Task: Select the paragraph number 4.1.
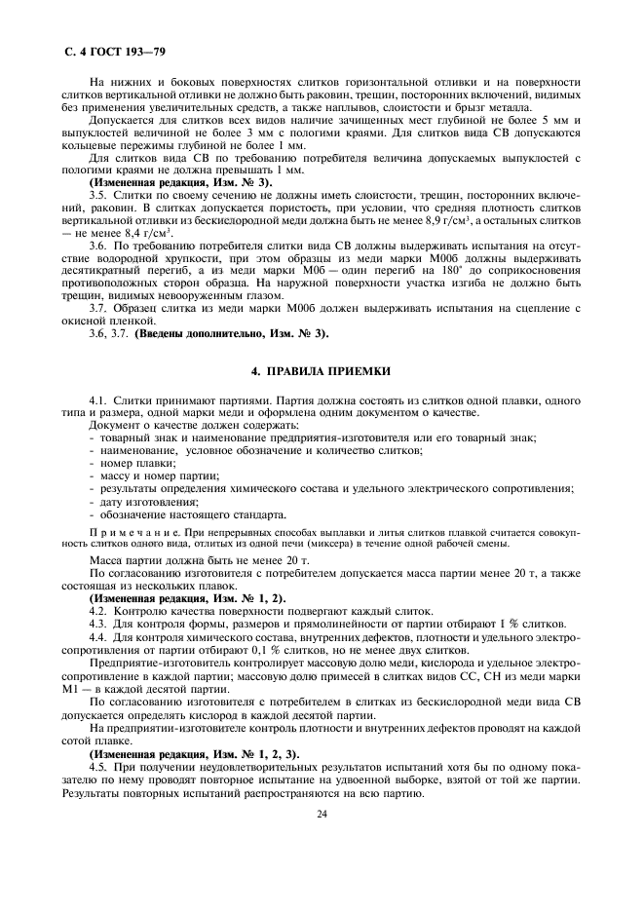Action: point(98,399)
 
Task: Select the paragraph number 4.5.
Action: point(98,766)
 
